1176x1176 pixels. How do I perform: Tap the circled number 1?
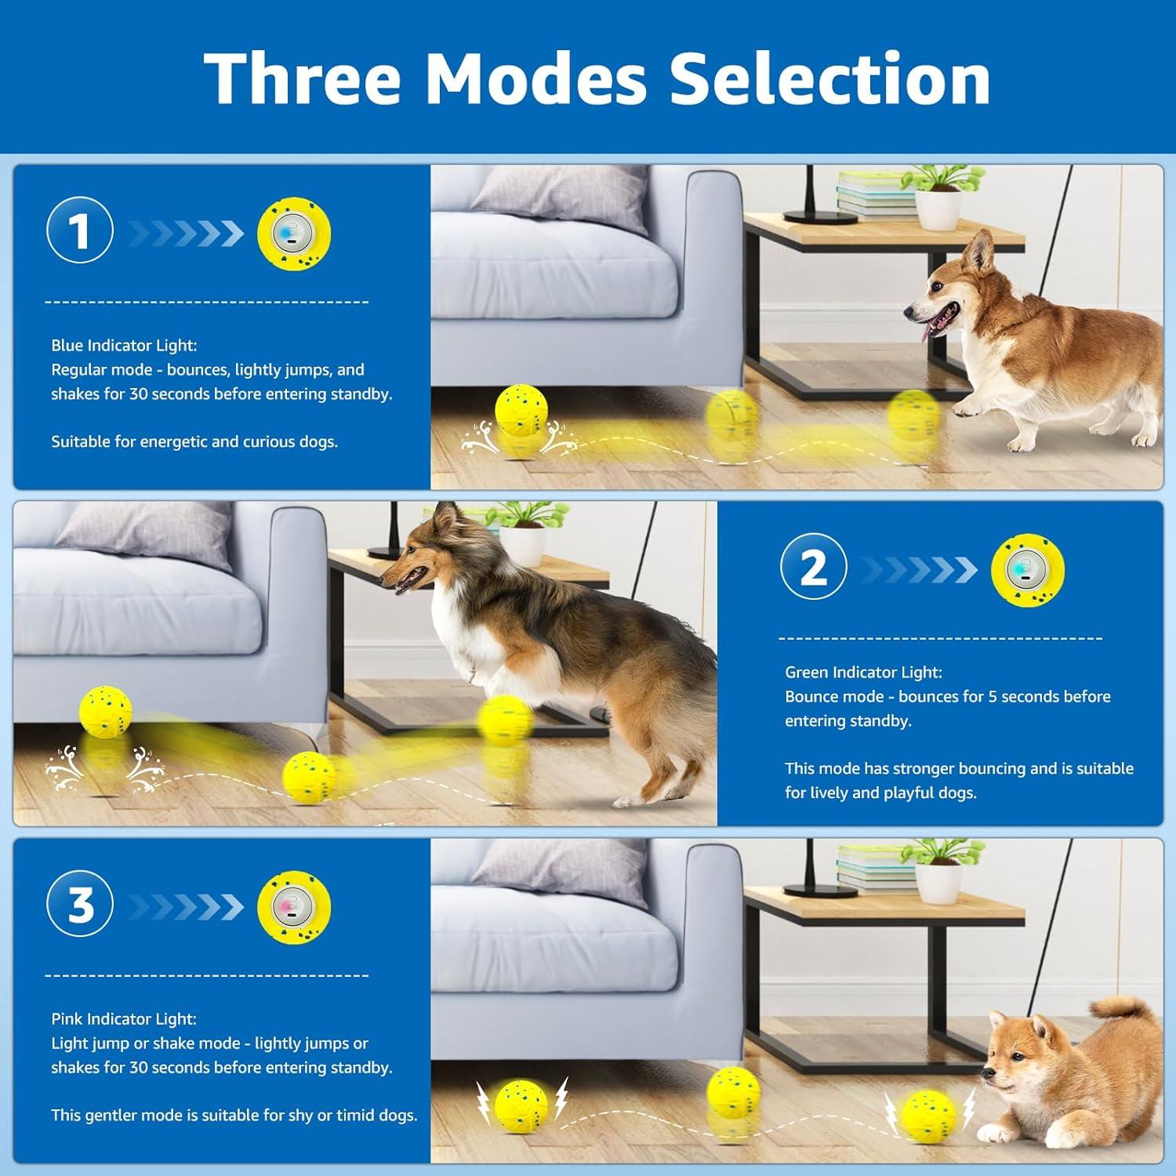(80, 231)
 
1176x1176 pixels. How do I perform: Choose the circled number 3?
(80, 906)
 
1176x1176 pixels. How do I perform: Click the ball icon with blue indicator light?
(294, 234)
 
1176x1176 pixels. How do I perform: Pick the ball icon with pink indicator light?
(294, 908)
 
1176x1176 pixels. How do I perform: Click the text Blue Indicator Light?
(124, 345)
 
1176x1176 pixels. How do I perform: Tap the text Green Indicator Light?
(863, 672)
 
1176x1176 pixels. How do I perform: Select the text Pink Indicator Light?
(124, 1018)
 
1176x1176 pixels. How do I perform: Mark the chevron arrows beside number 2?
(919, 569)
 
